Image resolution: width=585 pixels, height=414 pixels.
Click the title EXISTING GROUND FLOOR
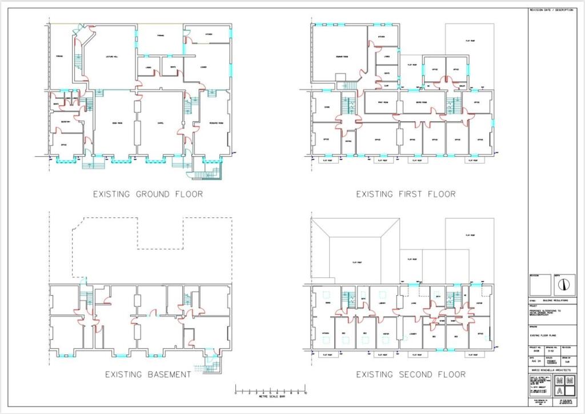pyautogui.click(x=147, y=194)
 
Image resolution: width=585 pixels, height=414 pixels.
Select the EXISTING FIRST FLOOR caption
pyautogui.click(x=406, y=194)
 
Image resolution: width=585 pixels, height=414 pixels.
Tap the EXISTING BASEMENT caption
pyautogui.click(x=147, y=375)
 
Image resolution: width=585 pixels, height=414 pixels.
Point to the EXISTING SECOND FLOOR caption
pyautogui.click(x=410, y=375)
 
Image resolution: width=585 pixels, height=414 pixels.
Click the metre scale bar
pyautogui.click(x=270, y=390)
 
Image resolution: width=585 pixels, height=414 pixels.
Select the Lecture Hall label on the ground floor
pyautogui.click(x=111, y=58)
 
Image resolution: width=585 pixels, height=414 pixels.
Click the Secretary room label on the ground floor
pyautogui.click(x=64, y=122)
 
